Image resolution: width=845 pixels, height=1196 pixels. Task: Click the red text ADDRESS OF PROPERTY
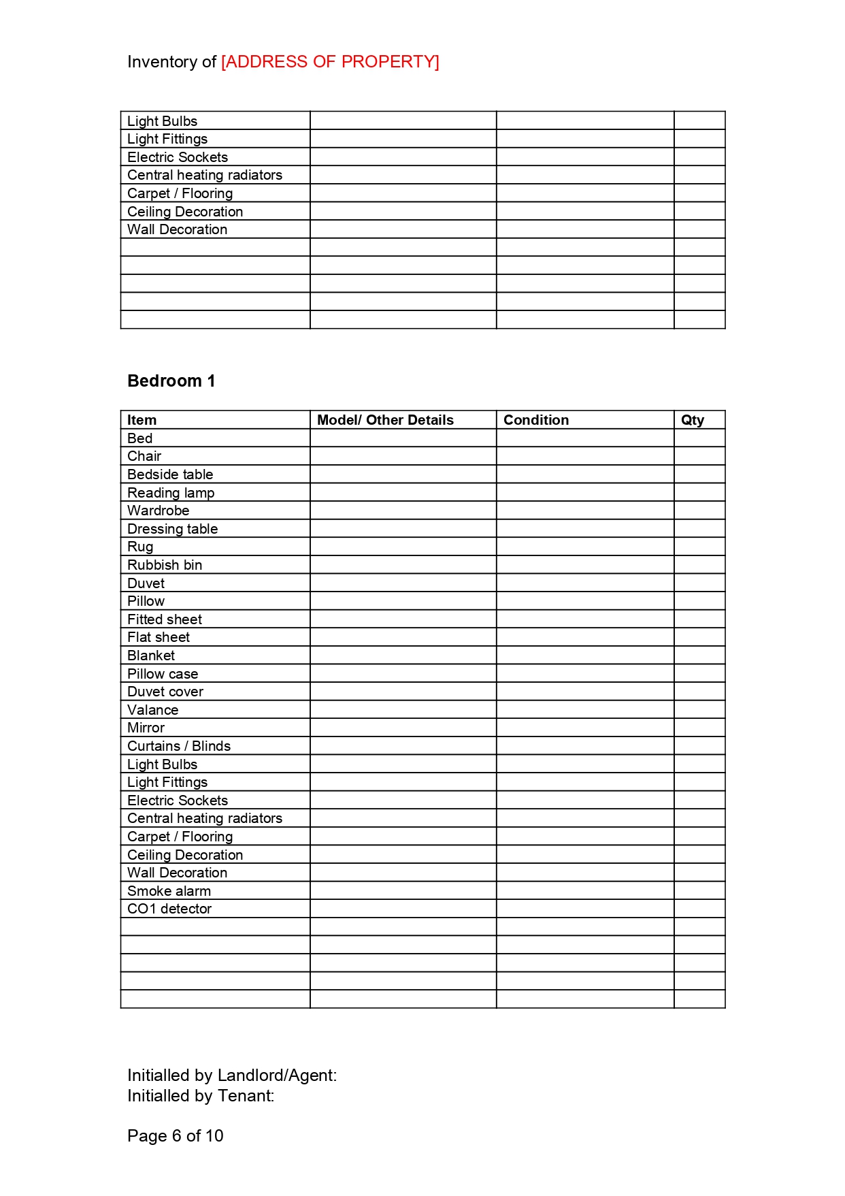[x=330, y=62]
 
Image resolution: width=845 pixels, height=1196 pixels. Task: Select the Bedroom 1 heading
[x=171, y=381]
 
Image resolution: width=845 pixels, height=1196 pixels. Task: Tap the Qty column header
[x=693, y=420]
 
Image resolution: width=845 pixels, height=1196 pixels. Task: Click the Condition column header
[x=536, y=420]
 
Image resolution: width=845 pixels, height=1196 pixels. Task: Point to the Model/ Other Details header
[x=385, y=420]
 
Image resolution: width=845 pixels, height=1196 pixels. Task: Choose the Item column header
[x=142, y=420]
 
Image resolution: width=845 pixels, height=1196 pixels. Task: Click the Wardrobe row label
[x=159, y=511]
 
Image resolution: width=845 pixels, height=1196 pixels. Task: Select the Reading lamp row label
[x=171, y=493]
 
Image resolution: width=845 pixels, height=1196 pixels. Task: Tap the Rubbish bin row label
[x=165, y=565]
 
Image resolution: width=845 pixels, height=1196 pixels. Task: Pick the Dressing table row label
[x=172, y=529]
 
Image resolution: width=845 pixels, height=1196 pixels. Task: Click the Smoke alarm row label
[x=169, y=891]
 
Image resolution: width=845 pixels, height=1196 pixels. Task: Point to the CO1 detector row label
[x=169, y=909]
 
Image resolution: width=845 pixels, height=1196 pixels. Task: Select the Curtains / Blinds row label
[x=179, y=746]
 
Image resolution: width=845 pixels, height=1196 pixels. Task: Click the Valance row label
[x=153, y=710]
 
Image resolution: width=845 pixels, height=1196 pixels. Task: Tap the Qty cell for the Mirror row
[x=699, y=728]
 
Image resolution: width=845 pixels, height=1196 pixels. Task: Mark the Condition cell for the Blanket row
[x=585, y=656]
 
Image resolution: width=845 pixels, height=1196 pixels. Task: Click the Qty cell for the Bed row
[x=699, y=438]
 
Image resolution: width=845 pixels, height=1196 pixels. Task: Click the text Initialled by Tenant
[x=201, y=1096]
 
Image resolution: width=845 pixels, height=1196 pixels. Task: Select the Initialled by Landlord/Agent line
[x=232, y=1076]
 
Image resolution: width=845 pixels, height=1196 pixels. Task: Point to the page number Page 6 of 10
[x=176, y=1136]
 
